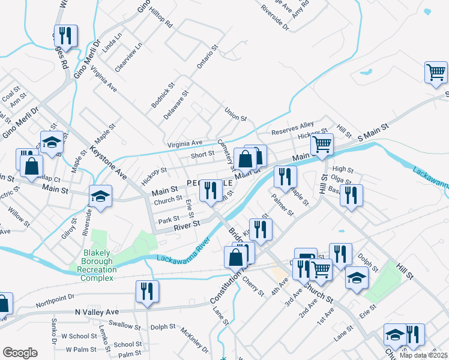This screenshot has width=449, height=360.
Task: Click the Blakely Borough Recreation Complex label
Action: tap(96, 265)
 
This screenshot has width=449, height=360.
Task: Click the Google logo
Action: tap(20, 352)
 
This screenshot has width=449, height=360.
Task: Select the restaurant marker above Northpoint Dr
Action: tap(146, 292)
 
